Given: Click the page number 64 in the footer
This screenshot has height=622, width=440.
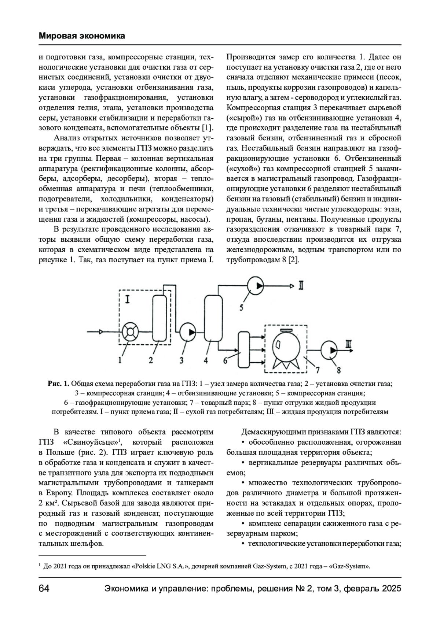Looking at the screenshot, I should pos(44,589).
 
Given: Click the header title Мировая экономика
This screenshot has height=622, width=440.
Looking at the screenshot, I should pos(81,36).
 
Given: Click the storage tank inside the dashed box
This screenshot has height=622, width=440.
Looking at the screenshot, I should pos(287,346).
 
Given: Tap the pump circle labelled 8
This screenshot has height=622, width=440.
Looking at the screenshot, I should pos(330,351).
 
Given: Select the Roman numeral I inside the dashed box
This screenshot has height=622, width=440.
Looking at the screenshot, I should pos(127,300).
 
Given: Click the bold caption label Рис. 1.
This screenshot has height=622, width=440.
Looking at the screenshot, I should pos(58,384).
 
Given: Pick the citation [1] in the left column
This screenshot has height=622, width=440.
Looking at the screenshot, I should pos(207,128).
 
